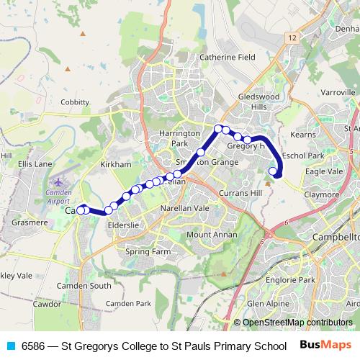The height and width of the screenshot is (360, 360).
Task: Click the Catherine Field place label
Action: [227, 56]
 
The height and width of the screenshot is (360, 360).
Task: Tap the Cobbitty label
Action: [75, 102]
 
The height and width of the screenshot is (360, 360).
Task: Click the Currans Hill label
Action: [240, 194]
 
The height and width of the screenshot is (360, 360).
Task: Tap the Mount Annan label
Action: [211, 235]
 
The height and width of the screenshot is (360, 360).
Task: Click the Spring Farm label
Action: [148, 252]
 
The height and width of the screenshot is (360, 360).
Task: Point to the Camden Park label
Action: [128, 304]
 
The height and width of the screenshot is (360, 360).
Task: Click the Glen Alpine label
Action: [268, 304]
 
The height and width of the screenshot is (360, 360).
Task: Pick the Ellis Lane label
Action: [35, 164]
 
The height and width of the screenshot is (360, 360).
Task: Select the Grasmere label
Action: [30, 222]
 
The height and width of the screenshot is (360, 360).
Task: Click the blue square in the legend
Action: [9, 346]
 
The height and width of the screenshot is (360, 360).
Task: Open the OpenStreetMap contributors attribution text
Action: [297, 323]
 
